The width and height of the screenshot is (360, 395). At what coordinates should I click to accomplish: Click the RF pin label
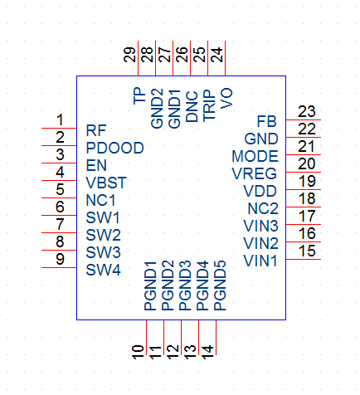[96, 130]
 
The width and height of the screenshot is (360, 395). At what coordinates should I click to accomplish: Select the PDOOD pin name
[115, 148]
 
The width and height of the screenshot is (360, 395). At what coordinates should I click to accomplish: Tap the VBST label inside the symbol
[106, 183]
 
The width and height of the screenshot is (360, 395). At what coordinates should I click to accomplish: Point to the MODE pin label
[255, 156]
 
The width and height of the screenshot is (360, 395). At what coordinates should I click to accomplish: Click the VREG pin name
[255, 173]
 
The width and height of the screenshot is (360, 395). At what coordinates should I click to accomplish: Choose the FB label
[267, 121]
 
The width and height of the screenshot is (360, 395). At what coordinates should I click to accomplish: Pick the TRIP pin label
[209, 105]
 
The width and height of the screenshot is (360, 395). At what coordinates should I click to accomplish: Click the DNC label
[192, 106]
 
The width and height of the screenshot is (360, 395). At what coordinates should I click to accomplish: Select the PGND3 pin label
[185, 285]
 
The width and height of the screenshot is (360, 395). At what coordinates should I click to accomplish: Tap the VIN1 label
[260, 261]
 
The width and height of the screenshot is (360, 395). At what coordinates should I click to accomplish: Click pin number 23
[307, 112]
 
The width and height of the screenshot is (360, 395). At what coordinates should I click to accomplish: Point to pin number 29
[130, 55]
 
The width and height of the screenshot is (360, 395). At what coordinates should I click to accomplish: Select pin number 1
[60, 120]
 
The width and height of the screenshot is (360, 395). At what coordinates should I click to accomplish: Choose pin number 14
[208, 352]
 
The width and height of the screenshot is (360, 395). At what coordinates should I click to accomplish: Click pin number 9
[60, 259]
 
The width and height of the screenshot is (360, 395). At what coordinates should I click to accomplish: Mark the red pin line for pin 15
[304, 259]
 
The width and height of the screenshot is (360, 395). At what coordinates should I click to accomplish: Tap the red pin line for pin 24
[225, 58]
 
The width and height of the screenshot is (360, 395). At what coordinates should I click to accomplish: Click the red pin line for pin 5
[59, 197]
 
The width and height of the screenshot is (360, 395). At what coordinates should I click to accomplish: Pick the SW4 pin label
[103, 270]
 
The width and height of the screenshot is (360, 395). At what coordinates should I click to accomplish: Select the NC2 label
[263, 208]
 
